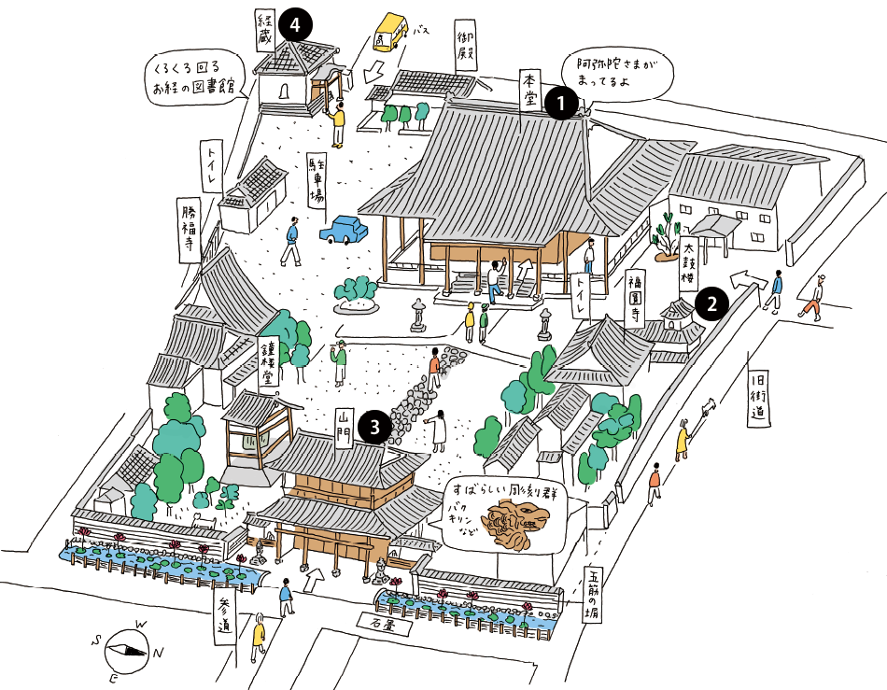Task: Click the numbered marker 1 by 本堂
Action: [560, 101]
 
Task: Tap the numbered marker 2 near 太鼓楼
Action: [712, 303]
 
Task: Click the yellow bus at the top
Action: [390, 33]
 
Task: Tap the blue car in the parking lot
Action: [344, 229]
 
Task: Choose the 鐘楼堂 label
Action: [267, 362]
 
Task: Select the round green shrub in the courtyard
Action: [357, 291]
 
